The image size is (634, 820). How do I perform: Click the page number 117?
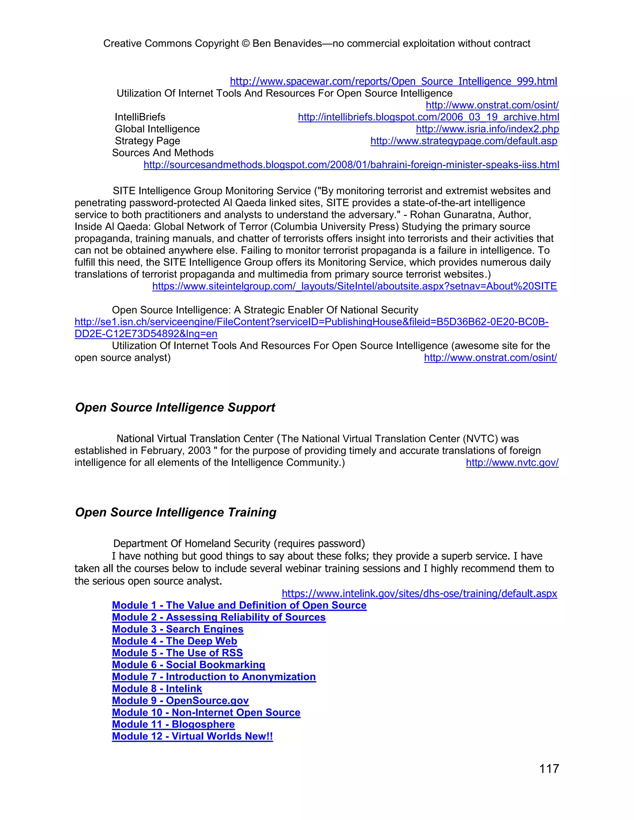[549, 769]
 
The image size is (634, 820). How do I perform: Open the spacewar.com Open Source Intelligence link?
[393, 81]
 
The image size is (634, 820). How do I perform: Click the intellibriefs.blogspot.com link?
[428, 117]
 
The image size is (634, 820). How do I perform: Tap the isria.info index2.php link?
[487, 129]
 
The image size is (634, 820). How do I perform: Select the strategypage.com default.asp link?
[463, 141]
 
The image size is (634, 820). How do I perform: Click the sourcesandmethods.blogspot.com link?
[351, 165]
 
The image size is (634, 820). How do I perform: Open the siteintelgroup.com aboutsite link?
[354, 286]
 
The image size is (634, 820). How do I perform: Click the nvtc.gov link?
[512, 463]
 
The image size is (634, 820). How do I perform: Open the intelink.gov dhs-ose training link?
[419, 593]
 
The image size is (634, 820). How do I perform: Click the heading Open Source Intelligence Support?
[175, 408]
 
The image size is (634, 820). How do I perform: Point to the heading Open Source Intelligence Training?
[176, 512]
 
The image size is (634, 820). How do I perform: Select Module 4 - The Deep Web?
[174, 641]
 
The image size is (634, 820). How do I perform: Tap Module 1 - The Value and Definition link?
[239, 605]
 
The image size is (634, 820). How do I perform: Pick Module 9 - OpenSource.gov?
[180, 701]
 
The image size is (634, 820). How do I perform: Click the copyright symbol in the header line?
[245, 44]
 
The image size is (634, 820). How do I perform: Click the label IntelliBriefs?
[140, 117]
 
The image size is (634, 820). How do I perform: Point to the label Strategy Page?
[147, 141]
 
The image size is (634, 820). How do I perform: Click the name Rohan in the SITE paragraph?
[426, 215]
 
